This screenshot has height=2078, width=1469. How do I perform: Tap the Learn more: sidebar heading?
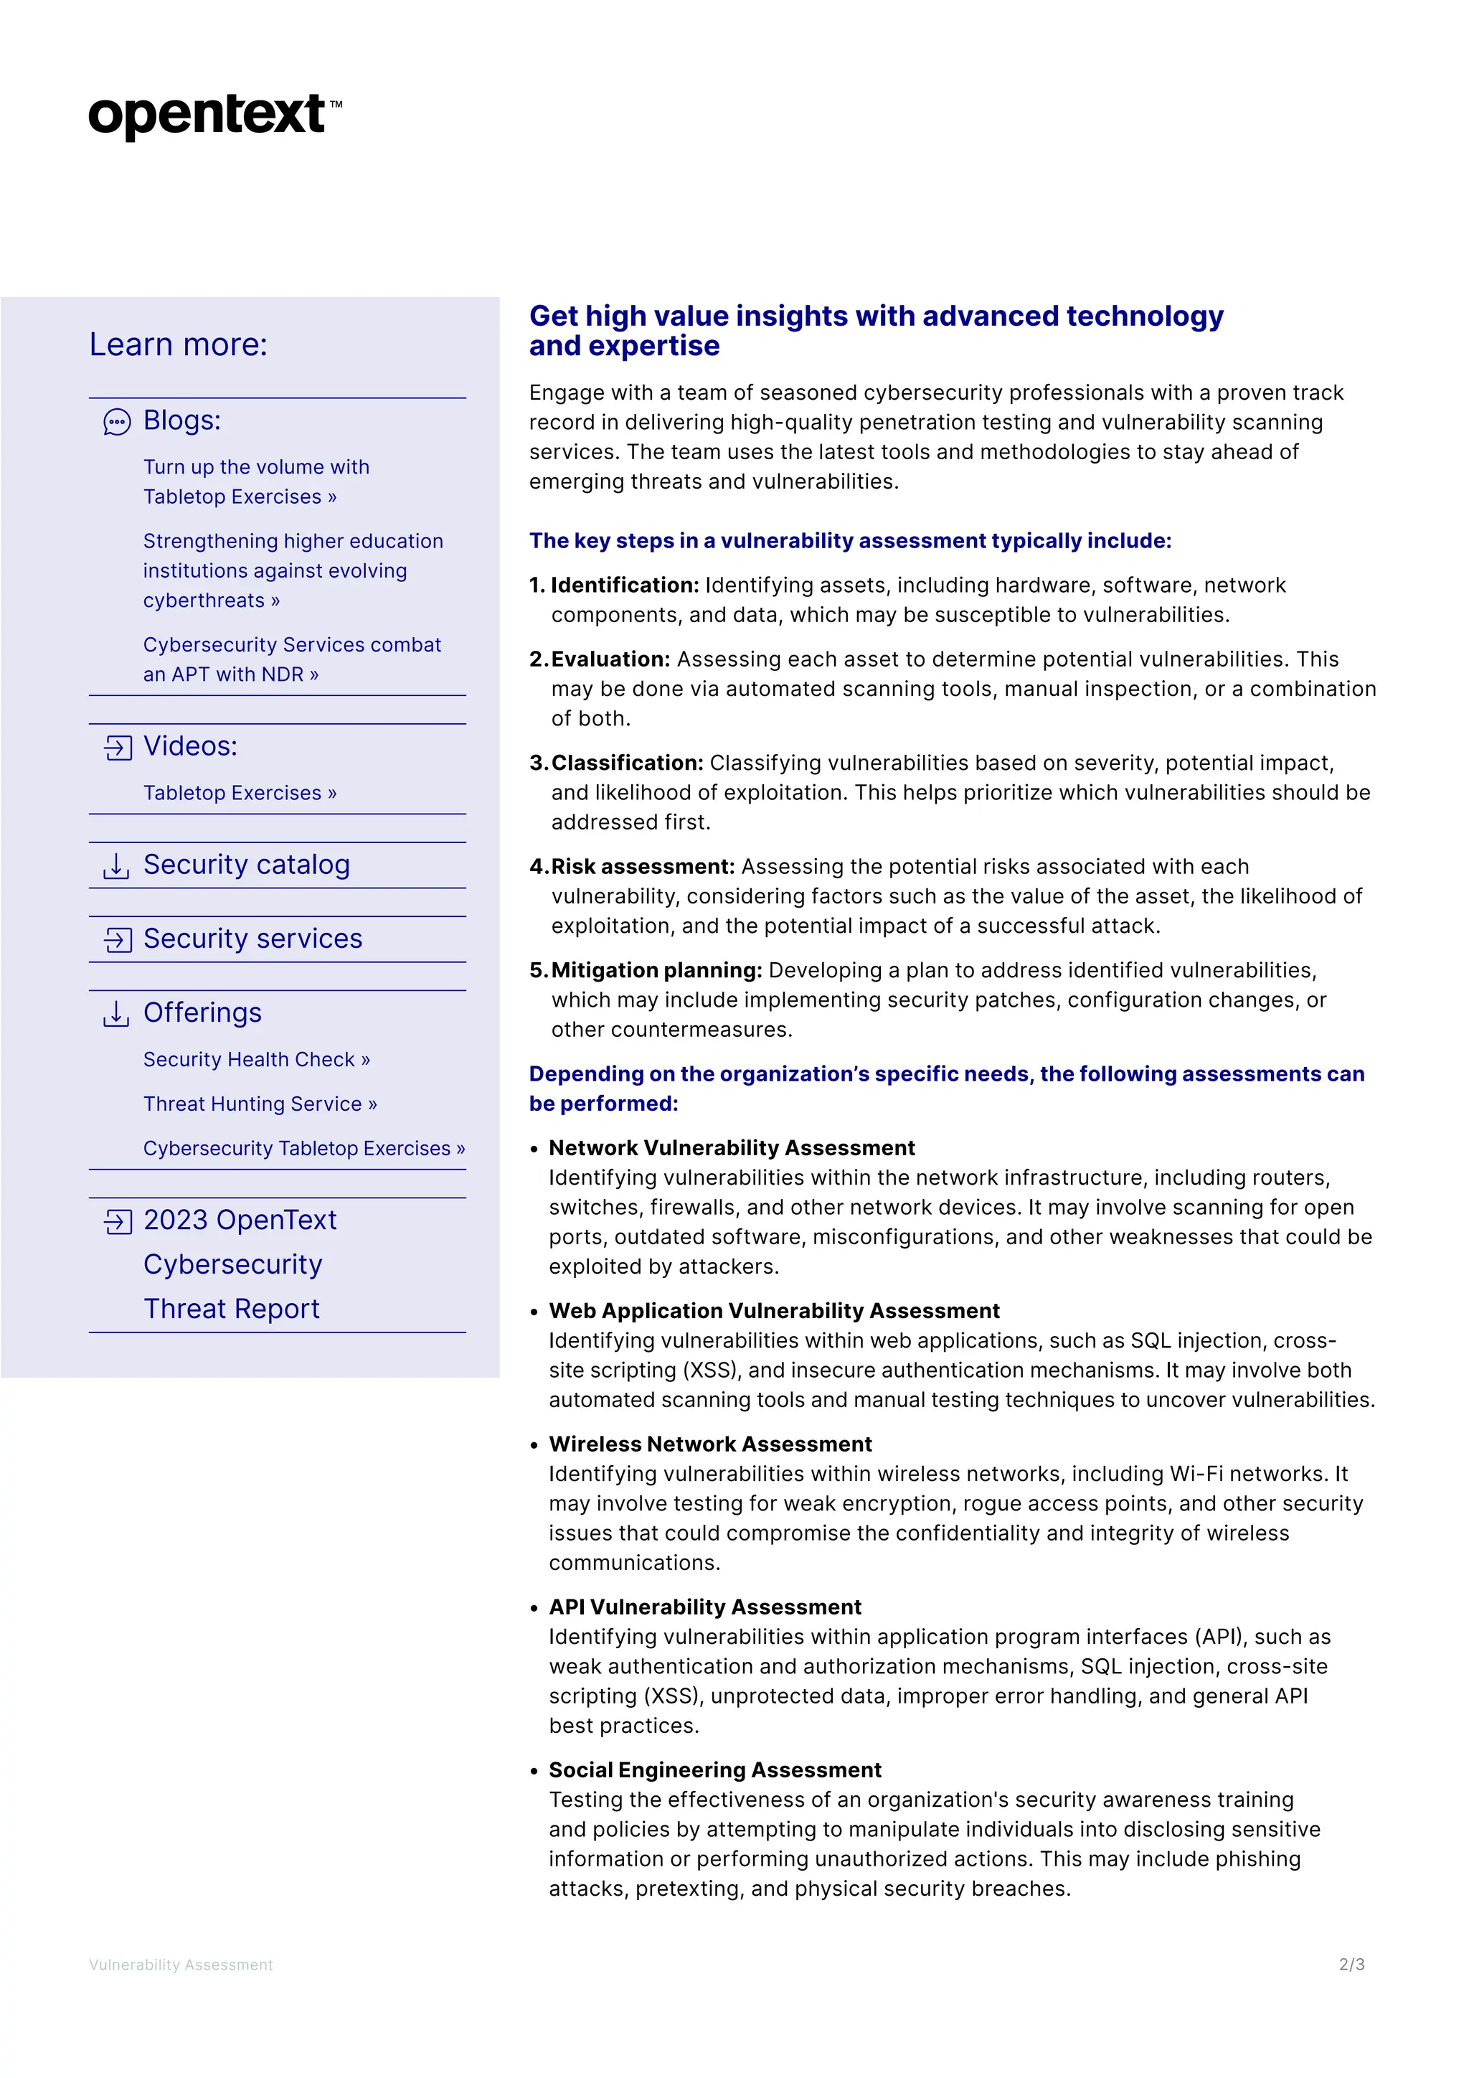(x=178, y=345)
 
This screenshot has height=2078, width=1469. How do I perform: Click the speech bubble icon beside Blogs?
(x=117, y=422)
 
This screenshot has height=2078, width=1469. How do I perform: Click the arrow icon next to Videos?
(x=118, y=748)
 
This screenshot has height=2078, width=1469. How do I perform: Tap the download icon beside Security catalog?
(x=115, y=865)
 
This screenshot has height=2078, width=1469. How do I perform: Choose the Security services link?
(x=252, y=939)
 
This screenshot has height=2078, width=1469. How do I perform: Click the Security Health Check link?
(x=256, y=1059)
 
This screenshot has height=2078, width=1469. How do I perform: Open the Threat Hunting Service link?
(x=260, y=1104)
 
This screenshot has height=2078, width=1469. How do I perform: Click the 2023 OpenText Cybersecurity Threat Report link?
(x=239, y=1264)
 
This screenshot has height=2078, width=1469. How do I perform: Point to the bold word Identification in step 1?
(x=624, y=586)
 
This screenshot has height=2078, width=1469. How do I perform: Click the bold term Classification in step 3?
(x=626, y=763)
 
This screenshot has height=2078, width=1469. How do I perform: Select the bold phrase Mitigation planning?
(x=656, y=970)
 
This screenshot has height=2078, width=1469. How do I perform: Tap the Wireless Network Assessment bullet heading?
(x=710, y=1444)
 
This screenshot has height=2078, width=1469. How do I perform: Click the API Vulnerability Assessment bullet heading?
(x=704, y=1607)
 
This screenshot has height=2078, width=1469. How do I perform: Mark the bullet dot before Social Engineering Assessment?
(x=534, y=1771)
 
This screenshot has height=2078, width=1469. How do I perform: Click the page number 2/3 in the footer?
(x=1351, y=1964)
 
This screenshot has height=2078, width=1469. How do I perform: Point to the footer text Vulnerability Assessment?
(x=181, y=1965)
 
